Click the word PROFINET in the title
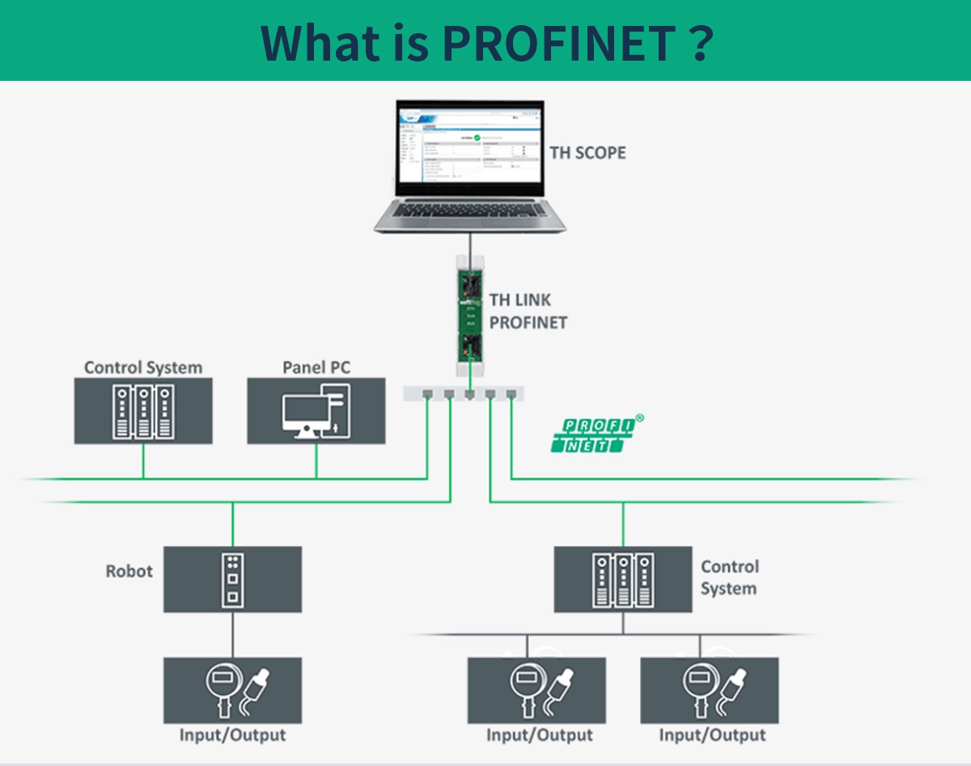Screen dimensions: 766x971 coord(560,42)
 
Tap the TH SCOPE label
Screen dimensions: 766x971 coord(587,152)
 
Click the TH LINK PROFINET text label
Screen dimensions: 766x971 coord(528,311)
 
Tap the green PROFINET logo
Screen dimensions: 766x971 coord(595,434)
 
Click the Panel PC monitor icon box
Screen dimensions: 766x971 coord(316,411)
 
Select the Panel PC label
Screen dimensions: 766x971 coord(316,367)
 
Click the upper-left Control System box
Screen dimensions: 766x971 coord(143,411)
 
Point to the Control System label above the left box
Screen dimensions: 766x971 coord(143,367)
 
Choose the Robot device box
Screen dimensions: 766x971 coord(233,579)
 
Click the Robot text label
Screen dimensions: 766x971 coord(129,571)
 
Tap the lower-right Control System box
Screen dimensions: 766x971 coord(622,579)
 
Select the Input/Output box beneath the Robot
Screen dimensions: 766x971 coord(233,690)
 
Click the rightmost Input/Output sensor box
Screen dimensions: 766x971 coord(710,690)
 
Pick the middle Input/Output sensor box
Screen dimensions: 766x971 coord(536,690)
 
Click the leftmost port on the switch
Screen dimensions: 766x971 coord(427,395)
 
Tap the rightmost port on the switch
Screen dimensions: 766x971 coord(511,395)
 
